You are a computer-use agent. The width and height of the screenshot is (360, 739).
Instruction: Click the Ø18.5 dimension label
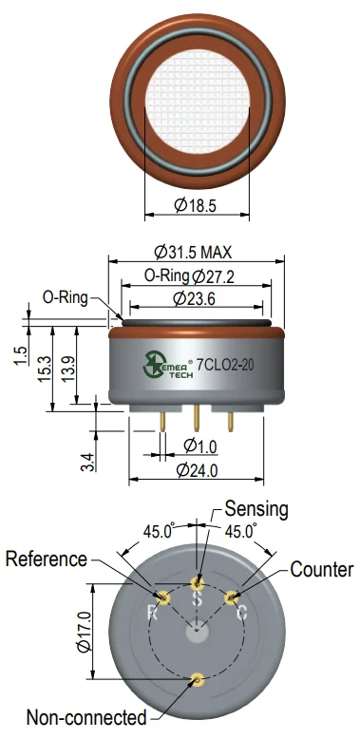coord(195,205)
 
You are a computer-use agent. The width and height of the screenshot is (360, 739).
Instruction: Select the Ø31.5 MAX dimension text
coord(193,253)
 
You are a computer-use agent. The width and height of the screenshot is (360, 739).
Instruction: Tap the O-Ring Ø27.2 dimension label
coord(189,276)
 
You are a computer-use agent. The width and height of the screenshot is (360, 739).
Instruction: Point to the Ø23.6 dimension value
coord(194,298)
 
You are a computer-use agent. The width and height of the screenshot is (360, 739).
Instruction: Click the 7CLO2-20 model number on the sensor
coord(225,366)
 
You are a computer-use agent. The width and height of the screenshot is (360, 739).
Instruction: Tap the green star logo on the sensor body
coord(152,364)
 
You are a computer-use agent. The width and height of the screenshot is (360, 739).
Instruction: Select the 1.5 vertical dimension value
coord(21,356)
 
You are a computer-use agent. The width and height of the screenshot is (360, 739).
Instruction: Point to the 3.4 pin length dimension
coord(88,462)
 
